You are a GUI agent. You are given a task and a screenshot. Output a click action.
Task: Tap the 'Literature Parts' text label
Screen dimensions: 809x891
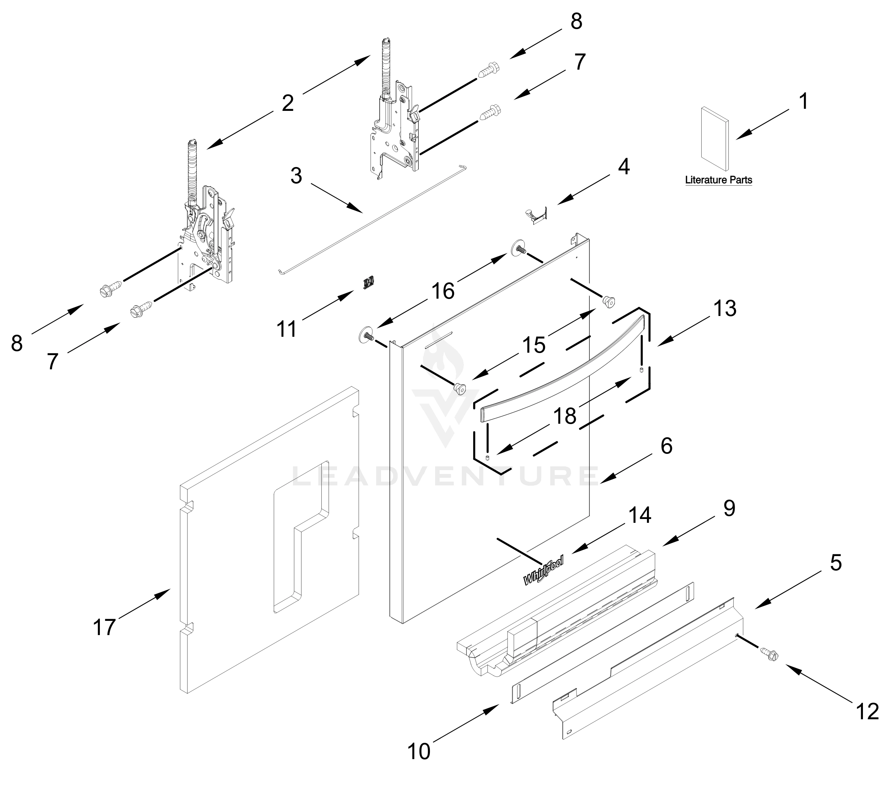coord(719,180)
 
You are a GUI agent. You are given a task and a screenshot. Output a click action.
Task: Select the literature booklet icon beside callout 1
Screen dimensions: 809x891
coord(715,138)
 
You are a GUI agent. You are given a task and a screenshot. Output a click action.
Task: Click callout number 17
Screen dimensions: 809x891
coord(104,627)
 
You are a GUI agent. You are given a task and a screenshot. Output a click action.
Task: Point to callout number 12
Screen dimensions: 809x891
coord(867,712)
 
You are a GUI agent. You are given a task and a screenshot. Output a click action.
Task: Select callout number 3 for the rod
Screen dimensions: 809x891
coord(296,176)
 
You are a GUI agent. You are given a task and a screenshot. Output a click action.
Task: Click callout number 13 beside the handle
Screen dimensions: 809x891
coord(725,309)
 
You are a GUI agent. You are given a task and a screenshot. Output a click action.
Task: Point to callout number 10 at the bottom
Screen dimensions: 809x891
coord(418,751)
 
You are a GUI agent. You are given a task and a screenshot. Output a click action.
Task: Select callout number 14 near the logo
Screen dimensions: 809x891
coord(640,515)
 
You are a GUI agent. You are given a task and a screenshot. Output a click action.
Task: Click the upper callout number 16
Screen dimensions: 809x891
coord(443,291)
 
